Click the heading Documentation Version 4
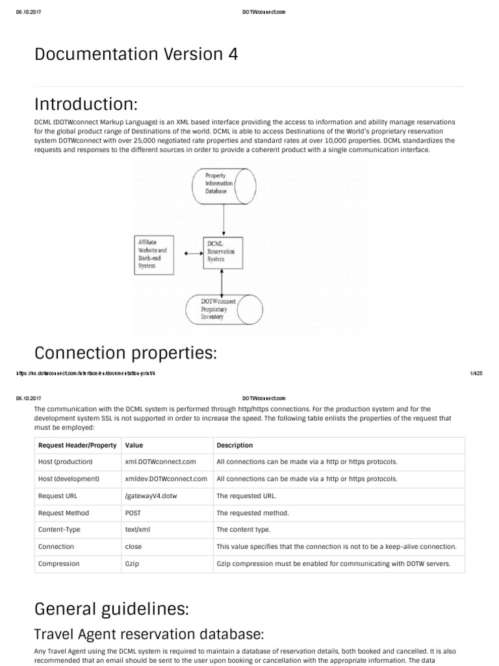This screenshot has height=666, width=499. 136,55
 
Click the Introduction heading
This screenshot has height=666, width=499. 86,103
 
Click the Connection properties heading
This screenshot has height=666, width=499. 125,353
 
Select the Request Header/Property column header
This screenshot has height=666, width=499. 77,446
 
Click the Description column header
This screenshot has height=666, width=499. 235,446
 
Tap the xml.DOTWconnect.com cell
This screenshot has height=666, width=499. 160,462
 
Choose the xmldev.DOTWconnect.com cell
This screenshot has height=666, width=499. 166,479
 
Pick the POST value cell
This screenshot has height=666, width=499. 133,513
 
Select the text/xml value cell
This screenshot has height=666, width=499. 137,529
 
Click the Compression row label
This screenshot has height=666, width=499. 59,563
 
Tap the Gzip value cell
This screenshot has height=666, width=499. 133,563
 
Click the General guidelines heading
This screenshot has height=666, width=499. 112,609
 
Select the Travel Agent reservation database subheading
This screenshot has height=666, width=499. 149,634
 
